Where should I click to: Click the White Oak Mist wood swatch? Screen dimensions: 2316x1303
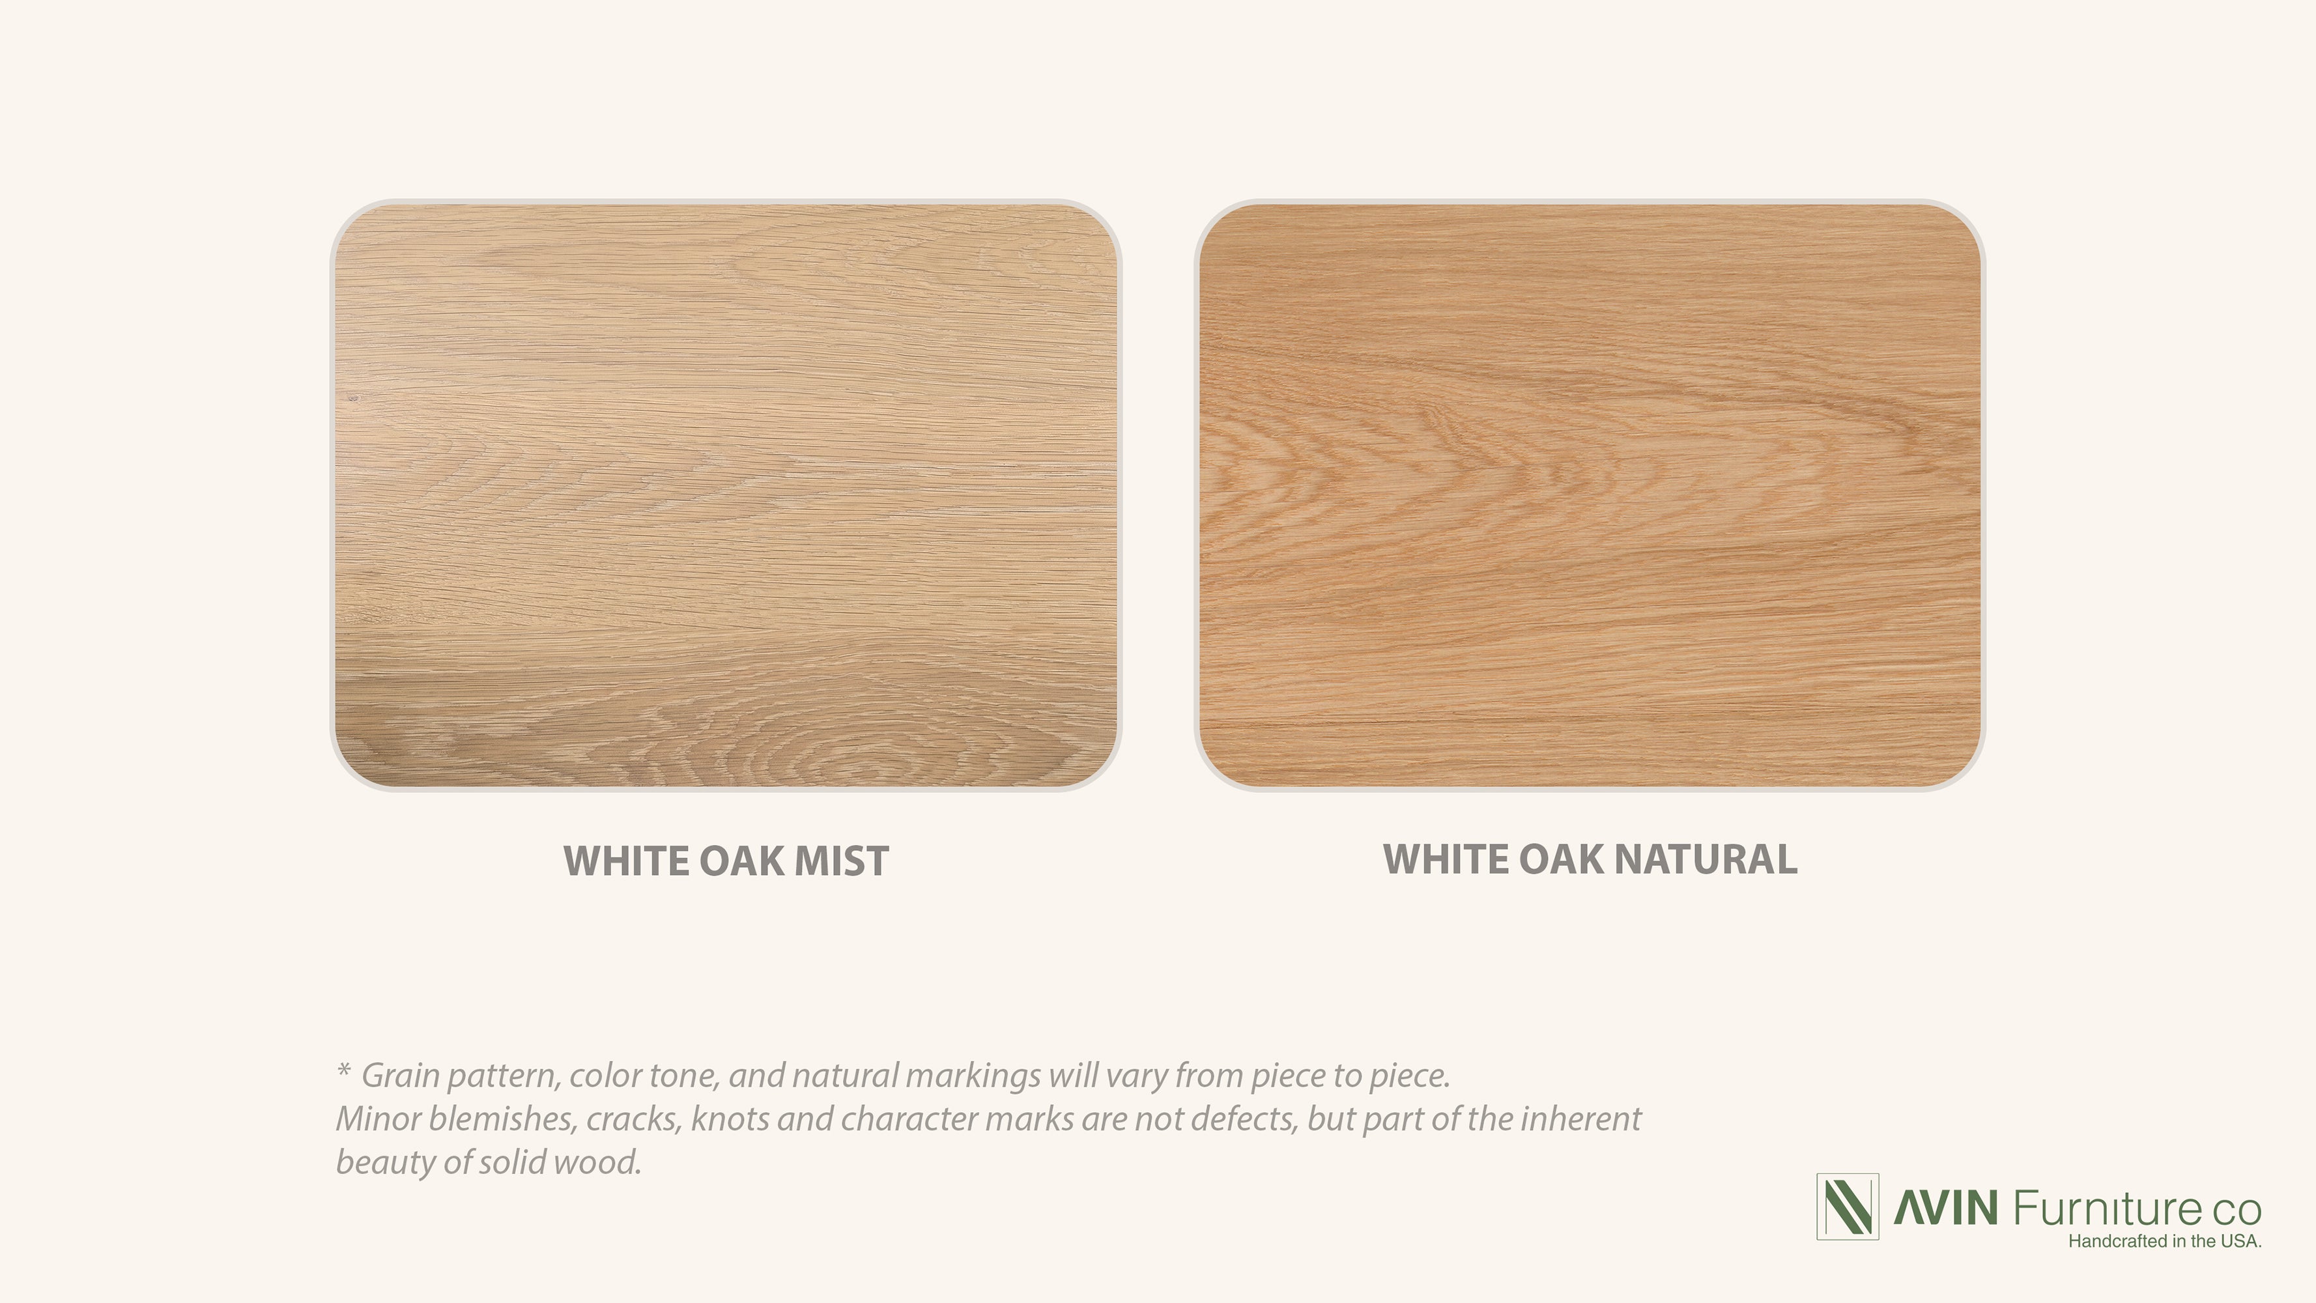(x=726, y=496)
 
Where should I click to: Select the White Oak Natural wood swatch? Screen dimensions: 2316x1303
(x=1590, y=496)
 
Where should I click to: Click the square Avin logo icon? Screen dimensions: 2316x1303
(x=1848, y=1207)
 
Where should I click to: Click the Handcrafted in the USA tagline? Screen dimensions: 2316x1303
(x=2165, y=1242)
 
